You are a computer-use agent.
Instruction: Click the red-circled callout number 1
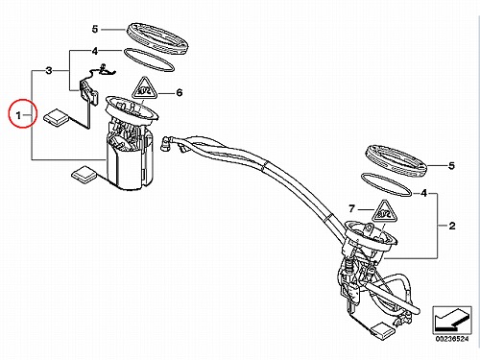tap(18, 115)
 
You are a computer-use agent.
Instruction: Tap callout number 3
tap(49, 70)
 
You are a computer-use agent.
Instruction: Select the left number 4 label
tap(95, 51)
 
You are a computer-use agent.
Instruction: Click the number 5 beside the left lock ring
tap(95, 29)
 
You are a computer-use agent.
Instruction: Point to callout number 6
tap(180, 93)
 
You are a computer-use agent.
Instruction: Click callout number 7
tap(352, 209)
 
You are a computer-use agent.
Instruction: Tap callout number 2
tap(452, 226)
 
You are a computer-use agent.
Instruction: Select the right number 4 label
tap(424, 193)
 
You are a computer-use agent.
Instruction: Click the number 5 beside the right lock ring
tap(451, 166)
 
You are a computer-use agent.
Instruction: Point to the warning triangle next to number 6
tap(144, 88)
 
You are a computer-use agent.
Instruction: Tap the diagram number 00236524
tap(452, 339)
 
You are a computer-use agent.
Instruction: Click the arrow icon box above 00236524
tap(452, 321)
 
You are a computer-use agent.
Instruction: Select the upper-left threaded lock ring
tap(156, 38)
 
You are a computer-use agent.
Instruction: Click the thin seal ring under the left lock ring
tap(149, 60)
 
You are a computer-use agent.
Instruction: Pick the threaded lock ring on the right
tap(396, 161)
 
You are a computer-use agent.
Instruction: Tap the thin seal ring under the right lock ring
tap(386, 185)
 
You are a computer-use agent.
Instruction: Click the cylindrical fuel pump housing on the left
tap(130, 165)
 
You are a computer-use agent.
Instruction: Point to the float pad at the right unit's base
tap(383, 331)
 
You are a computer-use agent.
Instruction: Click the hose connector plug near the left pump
tap(167, 144)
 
